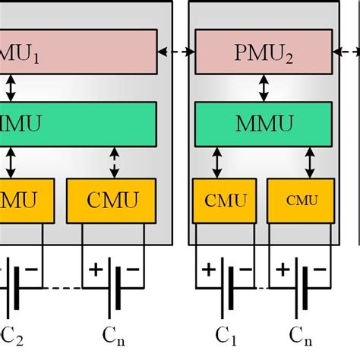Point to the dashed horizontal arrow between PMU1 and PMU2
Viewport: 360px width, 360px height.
[x=176, y=52]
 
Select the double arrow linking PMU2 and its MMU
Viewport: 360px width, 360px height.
[x=263, y=87]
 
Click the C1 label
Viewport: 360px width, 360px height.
[x=223, y=333]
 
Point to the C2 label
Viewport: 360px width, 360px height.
[x=13, y=333]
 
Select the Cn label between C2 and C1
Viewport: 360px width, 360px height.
[x=114, y=333]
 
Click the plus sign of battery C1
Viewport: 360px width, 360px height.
[x=207, y=270]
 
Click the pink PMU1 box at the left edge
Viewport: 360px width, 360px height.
[x=76, y=52]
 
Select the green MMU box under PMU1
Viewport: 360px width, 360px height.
[x=76, y=121]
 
